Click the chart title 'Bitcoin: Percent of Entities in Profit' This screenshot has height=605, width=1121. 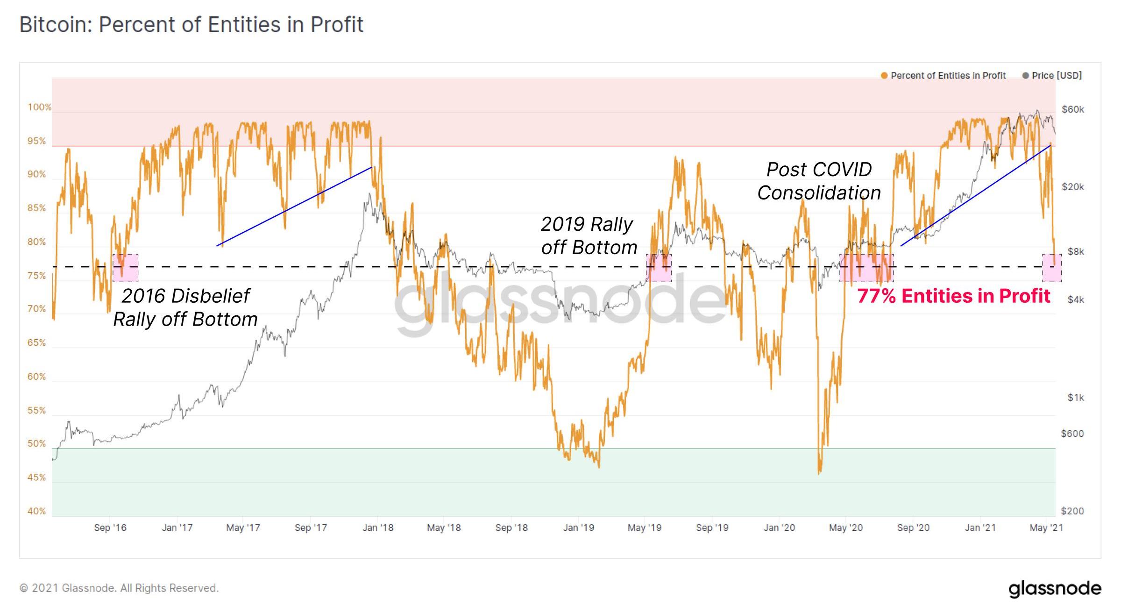(x=191, y=24)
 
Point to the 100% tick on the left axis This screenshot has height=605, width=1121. (x=39, y=107)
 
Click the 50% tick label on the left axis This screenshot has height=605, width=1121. (x=36, y=444)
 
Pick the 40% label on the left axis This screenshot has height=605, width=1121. (x=36, y=511)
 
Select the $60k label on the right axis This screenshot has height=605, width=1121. (x=1072, y=109)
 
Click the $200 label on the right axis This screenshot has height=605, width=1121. (x=1072, y=511)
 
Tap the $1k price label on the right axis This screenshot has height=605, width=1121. (x=1075, y=398)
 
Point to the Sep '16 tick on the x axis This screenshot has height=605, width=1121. (x=110, y=528)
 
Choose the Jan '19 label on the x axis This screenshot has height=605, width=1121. (x=578, y=528)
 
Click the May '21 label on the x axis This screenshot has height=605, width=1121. (x=1046, y=528)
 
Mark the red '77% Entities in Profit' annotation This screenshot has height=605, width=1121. (x=953, y=296)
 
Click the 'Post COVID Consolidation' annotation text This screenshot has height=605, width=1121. (x=819, y=181)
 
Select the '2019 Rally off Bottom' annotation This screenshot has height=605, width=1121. (x=589, y=236)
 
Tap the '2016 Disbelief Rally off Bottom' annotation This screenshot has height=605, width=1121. (x=185, y=307)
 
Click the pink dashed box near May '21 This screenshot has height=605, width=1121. (x=1052, y=268)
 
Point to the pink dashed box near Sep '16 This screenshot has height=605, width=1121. (x=125, y=268)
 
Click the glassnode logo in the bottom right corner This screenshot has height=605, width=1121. (x=1055, y=589)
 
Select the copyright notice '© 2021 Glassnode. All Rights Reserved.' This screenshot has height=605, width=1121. (x=119, y=588)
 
